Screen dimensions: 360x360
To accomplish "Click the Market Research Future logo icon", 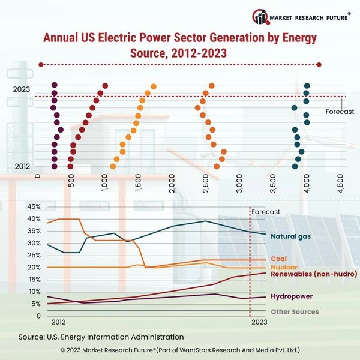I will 261,16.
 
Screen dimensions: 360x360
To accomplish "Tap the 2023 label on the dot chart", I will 22,89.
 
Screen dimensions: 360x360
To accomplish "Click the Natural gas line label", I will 294,236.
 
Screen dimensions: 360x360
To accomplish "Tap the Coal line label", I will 279,259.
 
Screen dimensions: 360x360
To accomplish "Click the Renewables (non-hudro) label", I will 308,274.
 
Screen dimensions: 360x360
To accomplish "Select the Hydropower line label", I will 292,296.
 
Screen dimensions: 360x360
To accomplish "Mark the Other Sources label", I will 295,311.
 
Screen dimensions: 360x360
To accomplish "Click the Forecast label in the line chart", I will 265,212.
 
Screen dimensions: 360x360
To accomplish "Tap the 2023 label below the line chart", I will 259,322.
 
